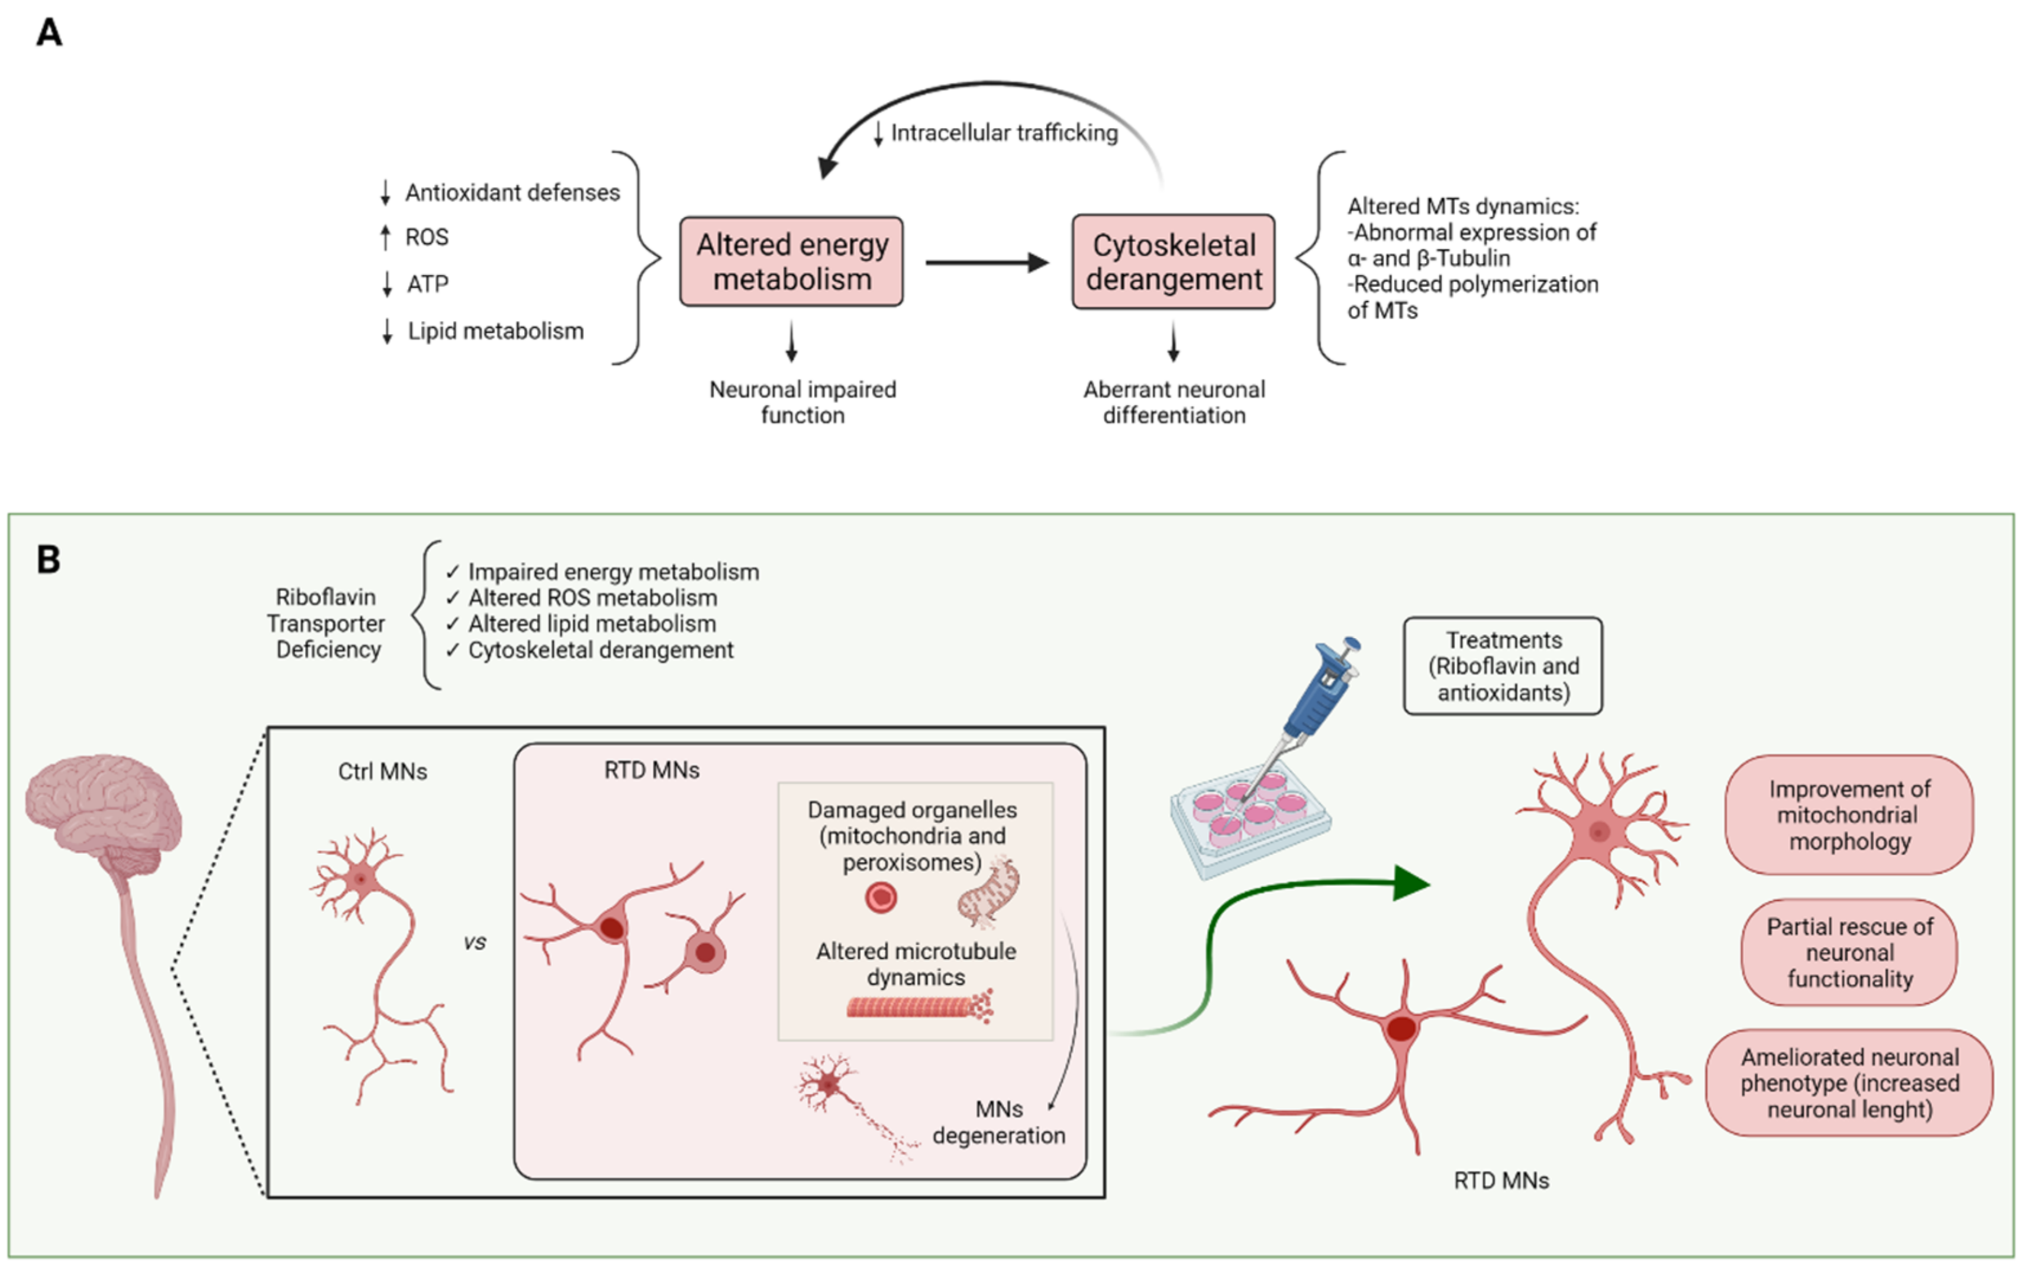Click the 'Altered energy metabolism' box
click(791, 261)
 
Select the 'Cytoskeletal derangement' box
click(1173, 261)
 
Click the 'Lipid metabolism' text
click(495, 331)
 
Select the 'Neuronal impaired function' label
click(802, 402)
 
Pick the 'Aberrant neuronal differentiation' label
click(1174, 402)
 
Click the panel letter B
click(49, 560)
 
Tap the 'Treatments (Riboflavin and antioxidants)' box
click(1503, 666)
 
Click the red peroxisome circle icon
click(881, 898)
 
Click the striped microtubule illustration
click(917, 1006)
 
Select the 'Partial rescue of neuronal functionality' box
click(1849, 953)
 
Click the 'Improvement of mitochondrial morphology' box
click(1849, 814)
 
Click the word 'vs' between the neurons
click(475, 943)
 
